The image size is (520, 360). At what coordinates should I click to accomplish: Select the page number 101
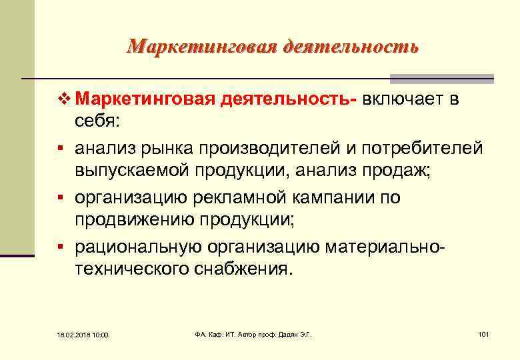484,333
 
